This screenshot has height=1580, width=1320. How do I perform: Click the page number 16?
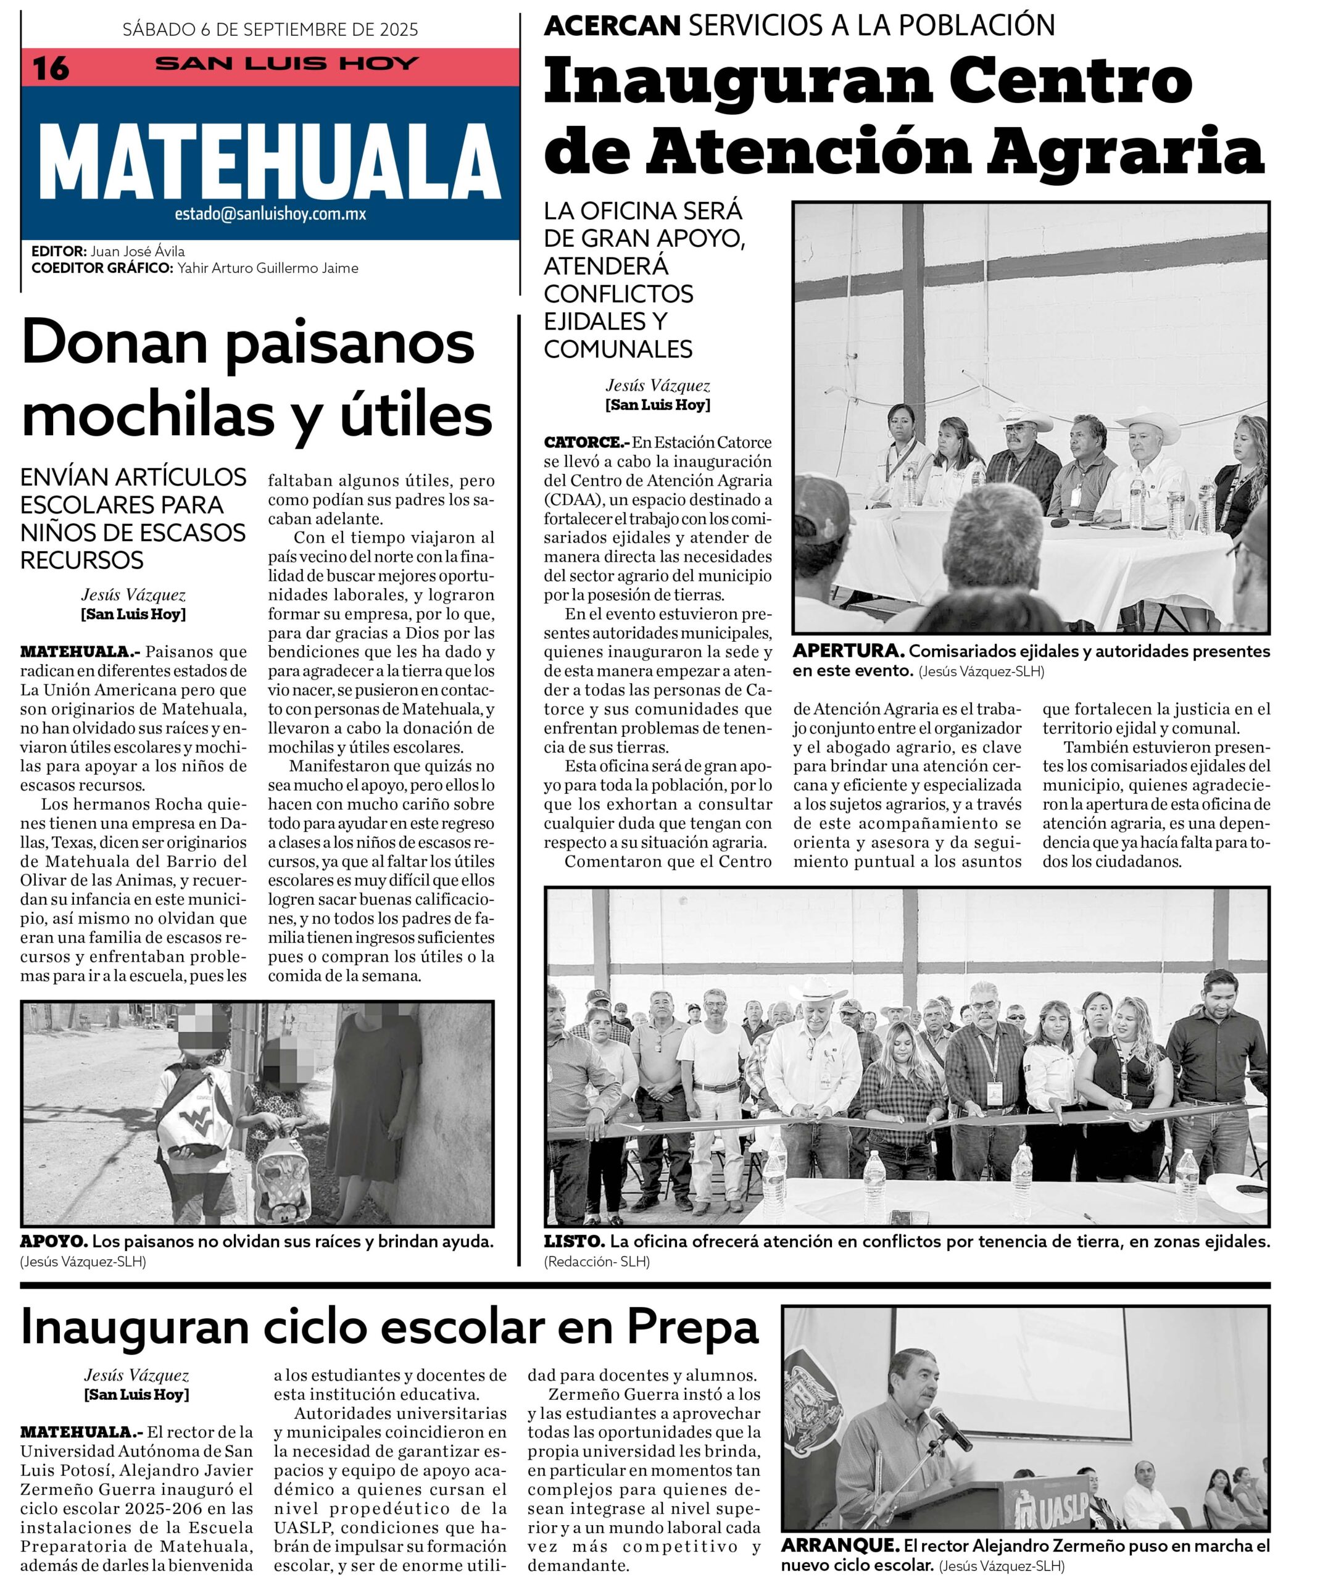tap(51, 69)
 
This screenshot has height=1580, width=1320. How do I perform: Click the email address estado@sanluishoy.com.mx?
tap(270, 214)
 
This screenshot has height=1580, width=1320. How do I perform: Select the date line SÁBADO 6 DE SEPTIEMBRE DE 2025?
tap(270, 30)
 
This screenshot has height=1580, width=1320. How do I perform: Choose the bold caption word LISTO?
tap(574, 1241)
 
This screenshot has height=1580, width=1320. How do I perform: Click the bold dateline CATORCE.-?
tap(586, 443)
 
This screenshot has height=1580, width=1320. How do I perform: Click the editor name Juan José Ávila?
tap(138, 251)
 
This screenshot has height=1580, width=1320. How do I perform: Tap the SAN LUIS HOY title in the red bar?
tap(286, 64)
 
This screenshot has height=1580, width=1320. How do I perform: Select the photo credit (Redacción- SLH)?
tap(597, 1262)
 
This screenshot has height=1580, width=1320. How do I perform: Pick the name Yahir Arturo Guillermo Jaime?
tap(268, 268)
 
